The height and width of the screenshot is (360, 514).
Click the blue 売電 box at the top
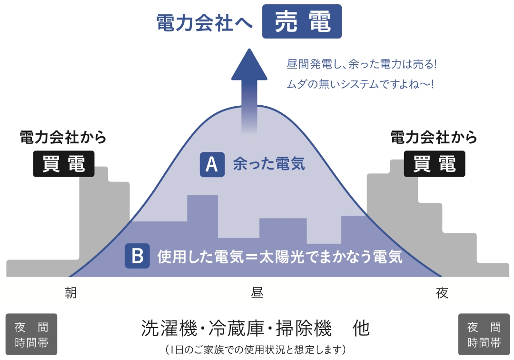302,21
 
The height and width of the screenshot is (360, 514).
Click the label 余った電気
269,165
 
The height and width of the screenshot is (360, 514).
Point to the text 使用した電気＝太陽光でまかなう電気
280,257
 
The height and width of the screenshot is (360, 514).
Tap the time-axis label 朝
70,292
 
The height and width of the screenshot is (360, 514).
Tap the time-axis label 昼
257,292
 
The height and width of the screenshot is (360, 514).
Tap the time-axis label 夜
442,292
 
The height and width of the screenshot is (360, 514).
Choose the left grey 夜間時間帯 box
31,334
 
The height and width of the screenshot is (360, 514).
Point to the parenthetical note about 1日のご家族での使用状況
256,350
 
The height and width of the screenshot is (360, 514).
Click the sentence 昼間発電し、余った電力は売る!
362,63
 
